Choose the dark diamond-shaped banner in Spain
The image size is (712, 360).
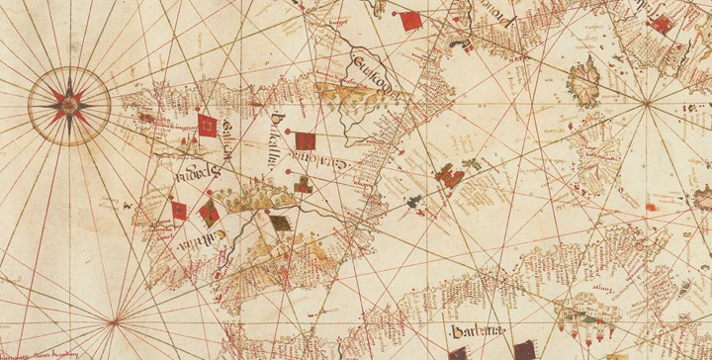283,225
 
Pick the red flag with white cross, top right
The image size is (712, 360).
660,25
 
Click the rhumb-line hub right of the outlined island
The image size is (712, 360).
647,102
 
